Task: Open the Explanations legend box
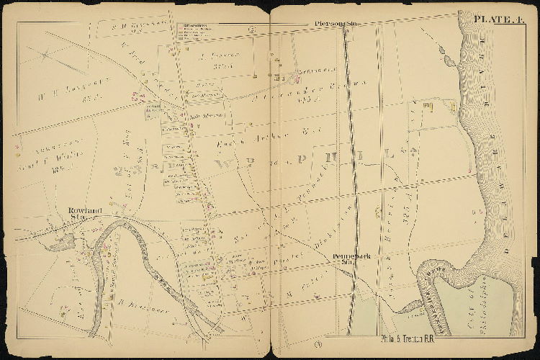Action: (x=199, y=30)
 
